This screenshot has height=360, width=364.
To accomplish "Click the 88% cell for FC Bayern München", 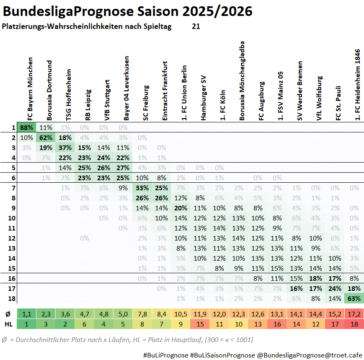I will (27, 127).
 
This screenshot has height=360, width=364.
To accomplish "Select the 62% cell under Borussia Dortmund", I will (46, 137).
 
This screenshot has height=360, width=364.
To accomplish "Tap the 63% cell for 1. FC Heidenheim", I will (354, 298).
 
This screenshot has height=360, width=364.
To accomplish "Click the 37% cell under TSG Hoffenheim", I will (65, 148).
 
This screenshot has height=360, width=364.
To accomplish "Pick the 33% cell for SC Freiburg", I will (142, 188).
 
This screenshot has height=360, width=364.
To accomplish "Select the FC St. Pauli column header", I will (338, 103).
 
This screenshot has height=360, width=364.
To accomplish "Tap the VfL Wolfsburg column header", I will (320, 98).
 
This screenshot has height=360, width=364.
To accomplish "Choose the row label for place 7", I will (13, 188).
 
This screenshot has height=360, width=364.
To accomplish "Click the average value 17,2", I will (354, 314).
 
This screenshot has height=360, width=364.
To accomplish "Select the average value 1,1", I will (27, 314).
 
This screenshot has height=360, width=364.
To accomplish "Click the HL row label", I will (9, 324).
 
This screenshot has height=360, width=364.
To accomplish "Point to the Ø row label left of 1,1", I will (8, 314).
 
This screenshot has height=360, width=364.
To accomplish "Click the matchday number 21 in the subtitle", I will (196, 26).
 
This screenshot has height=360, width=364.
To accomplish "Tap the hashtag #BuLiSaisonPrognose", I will (222, 355).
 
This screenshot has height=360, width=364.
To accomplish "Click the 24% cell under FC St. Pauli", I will (335, 288).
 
